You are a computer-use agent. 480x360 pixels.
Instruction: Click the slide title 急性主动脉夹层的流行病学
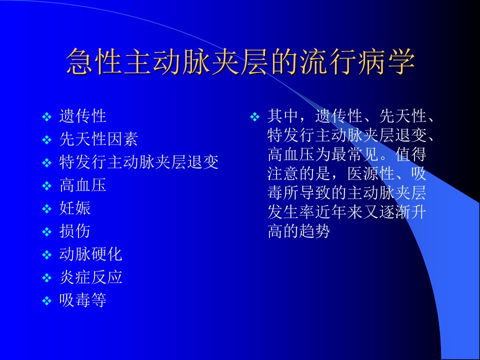[x=240, y=61]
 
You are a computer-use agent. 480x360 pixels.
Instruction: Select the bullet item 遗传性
[x=82, y=116]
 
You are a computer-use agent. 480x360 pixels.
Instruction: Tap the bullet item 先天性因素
[x=98, y=139]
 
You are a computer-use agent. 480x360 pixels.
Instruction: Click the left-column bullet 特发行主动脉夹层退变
[x=138, y=162]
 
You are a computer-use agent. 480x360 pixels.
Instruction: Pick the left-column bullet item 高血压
[x=82, y=185]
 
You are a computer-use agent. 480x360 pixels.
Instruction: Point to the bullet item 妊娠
[x=75, y=208]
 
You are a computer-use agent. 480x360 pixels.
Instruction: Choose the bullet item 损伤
[x=75, y=231]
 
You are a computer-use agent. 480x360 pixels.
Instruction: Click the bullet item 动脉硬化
[x=91, y=254]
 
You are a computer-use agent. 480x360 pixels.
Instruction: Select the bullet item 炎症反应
[x=91, y=277]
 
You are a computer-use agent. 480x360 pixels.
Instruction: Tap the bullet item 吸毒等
[x=82, y=300]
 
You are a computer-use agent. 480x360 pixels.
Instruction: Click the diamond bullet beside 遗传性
[x=46, y=116]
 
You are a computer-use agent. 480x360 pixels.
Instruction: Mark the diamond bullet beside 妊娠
[x=46, y=209]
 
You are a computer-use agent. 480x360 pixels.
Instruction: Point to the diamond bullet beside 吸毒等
[x=46, y=300]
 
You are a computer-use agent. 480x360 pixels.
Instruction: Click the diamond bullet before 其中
[x=254, y=116]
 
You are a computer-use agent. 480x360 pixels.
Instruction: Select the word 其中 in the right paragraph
[x=283, y=116]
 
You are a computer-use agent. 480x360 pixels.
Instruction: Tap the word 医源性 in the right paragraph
[x=371, y=173]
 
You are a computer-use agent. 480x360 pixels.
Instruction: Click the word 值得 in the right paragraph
[x=411, y=154]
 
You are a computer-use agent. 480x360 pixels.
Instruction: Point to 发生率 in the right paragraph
[x=291, y=212]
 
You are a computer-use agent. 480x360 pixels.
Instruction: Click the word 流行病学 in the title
[x=358, y=61]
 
